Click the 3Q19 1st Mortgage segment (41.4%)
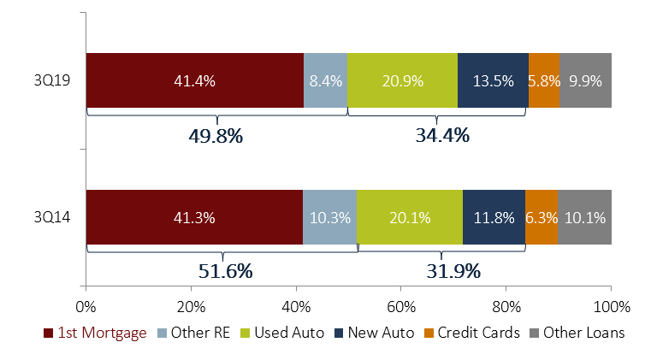[195, 81]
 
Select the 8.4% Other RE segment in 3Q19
[325, 81]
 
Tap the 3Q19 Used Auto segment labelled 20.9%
[402, 81]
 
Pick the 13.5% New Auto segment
[493, 81]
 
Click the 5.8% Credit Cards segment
[544, 81]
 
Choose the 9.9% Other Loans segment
[585, 81]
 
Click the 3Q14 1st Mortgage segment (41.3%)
[194, 217]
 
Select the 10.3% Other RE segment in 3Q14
[329, 217]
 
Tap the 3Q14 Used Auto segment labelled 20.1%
[410, 217]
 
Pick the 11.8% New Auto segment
[494, 217]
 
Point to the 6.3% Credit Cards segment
[541, 217]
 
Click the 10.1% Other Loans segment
[584, 217]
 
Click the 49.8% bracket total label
[216, 134]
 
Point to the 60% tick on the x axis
[401, 305]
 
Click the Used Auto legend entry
[290, 333]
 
